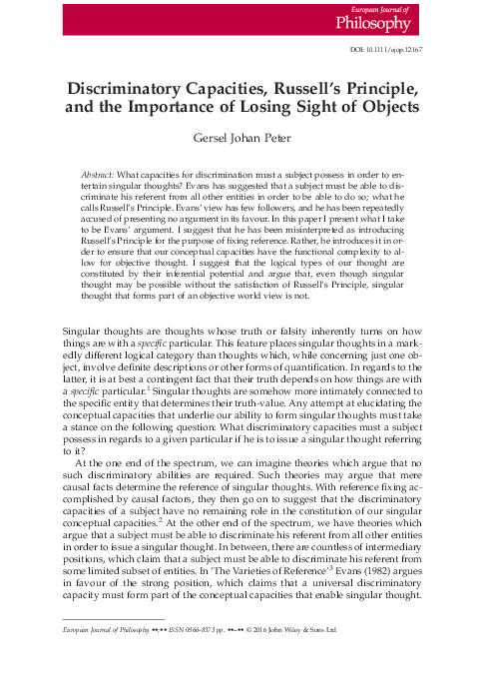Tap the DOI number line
point(416,48)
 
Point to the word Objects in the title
point(375,106)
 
